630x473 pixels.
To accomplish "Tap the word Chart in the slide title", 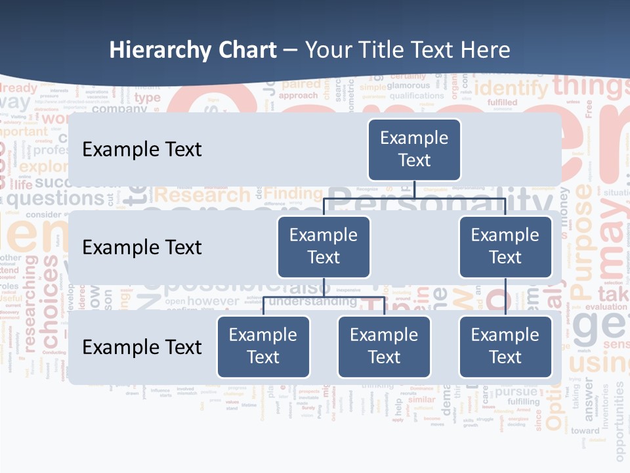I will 245,51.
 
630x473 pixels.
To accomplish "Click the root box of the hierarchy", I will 414,149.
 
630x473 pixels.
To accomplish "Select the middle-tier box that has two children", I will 324,246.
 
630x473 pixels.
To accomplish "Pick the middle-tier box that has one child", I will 505,246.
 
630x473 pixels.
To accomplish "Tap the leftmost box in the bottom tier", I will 263,346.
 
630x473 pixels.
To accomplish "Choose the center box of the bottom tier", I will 384,346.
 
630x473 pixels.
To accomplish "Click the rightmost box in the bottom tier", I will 505,346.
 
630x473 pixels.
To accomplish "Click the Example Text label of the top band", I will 142,150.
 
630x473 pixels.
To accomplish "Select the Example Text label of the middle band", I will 142,248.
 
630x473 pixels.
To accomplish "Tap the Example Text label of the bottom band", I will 142,347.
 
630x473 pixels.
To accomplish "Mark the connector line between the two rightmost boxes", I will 505,297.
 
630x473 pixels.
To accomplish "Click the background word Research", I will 202,195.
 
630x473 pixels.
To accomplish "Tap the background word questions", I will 55,198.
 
